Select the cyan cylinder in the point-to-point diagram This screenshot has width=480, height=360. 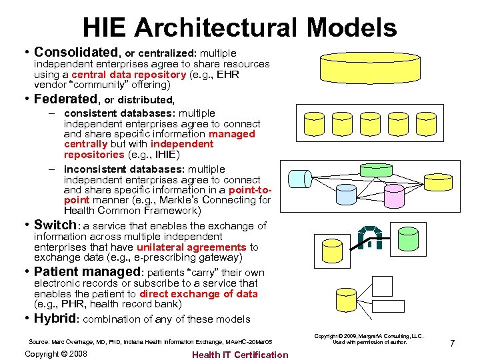pyautogui.click(x=299, y=179)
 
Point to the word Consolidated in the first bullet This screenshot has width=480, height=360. pyautogui.click(x=76, y=52)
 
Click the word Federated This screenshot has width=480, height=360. pyautogui.click(x=65, y=100)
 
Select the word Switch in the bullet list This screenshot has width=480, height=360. pyautogui.click(x=55, y=225)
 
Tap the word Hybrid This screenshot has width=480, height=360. pyautogui.click(x=55, y=318)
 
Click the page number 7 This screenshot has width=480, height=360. pyautogui.click(x=452, y=343)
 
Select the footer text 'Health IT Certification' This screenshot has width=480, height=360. pyautogui.click(x=240, y=354)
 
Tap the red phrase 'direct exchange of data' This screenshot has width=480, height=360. pyautogui.click(x=198, y=293)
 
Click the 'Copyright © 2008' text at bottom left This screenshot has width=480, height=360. pyautogui.click(x=55, y=353)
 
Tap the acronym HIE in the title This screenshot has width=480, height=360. pyautogui.click(x=107, y=27)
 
